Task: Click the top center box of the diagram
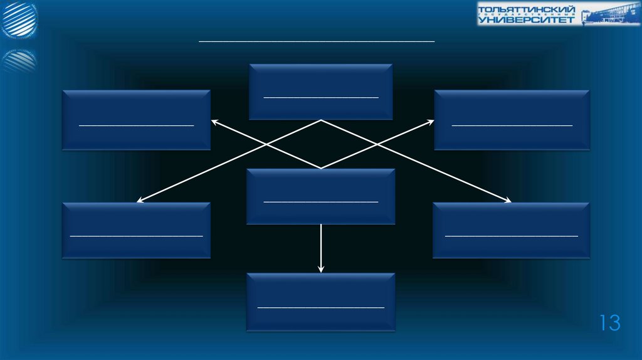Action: click(320, 91)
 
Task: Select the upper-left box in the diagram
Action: click(136, 119)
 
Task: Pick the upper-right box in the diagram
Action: click(512, 119)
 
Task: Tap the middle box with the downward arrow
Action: click(320, 196)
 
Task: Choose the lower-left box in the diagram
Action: click(136, 230)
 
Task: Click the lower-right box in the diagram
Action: click(511, 230)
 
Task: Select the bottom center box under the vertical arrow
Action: click(320, 302)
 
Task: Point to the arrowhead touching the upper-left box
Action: click(213, 122)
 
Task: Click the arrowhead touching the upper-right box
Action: click(431, 122)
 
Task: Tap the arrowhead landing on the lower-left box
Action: click(140, 201)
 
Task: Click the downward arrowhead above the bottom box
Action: click(321, 269)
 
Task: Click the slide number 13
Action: click(609, 323)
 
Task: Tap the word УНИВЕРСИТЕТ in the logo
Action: click(525, 20)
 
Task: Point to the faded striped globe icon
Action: click(19, 61)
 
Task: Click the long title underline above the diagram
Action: click(317, 41)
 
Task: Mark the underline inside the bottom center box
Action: click(320, 307)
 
